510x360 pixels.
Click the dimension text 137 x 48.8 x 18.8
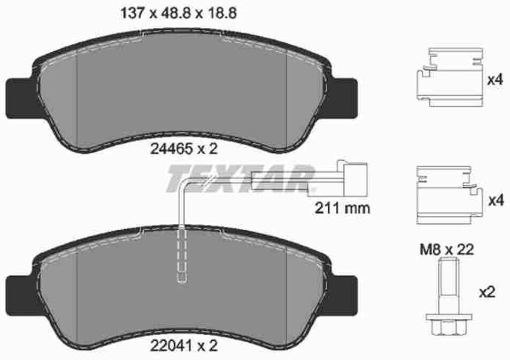tap(179, 14)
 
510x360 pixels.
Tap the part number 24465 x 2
tap(184, 149)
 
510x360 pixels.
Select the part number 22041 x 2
tap(184, 346)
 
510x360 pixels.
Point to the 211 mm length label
tap(342, 208)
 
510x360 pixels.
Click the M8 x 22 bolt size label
tap(447, 249)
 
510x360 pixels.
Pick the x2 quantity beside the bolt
tap(487, 292)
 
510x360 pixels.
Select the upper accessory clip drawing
tap(449, 77)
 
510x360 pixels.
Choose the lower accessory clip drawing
tap(449, 195)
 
